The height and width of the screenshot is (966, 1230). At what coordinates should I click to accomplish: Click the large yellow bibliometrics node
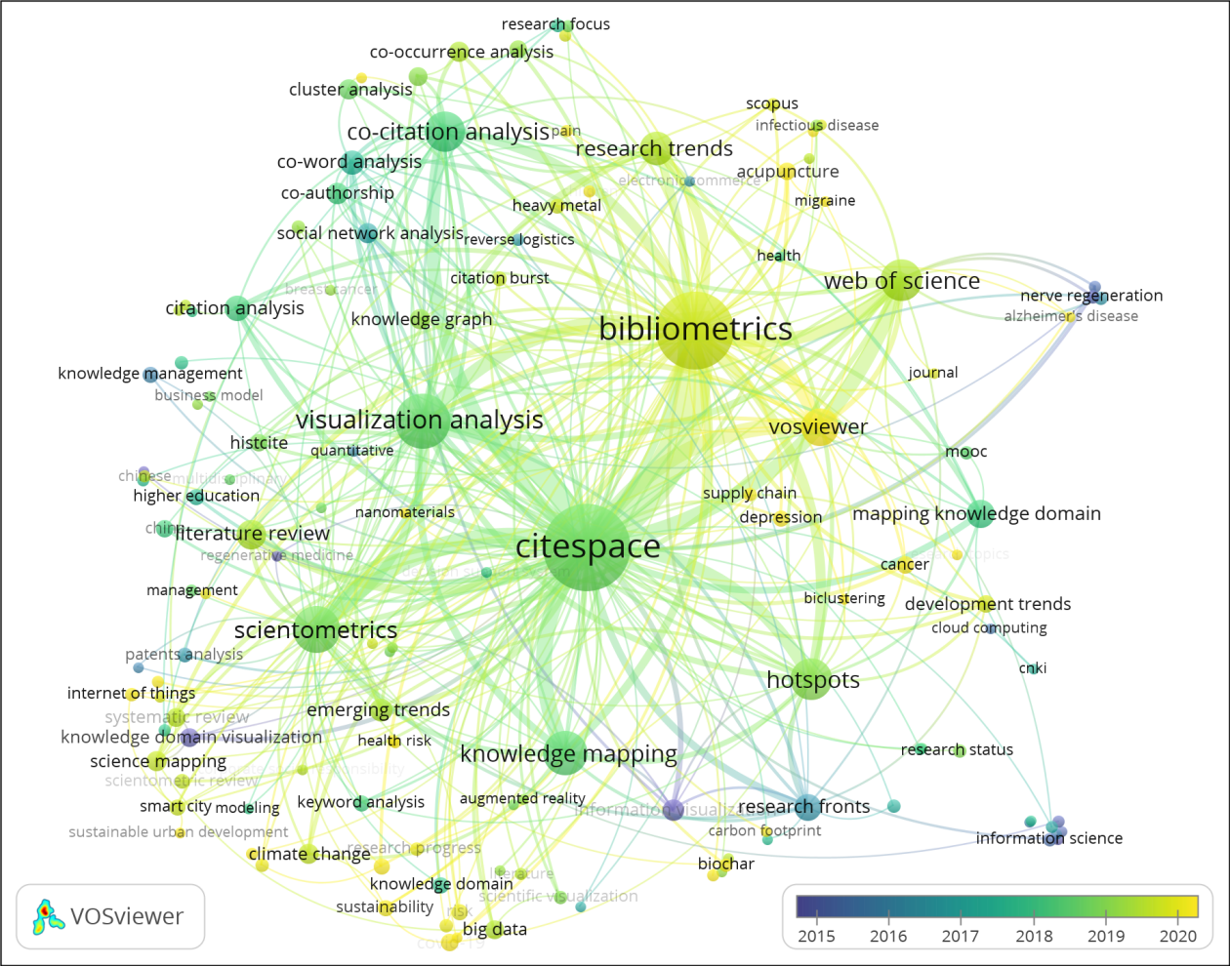[x=694, y=330]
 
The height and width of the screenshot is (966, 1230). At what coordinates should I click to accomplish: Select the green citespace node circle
[x=588, y=547]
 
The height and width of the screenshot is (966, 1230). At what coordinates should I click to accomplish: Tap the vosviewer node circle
[x=819, y=426]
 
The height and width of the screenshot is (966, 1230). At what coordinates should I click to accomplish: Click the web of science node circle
[x=900, y=280]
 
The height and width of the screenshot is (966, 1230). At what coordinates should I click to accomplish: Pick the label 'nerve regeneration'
[x=1091, y=296]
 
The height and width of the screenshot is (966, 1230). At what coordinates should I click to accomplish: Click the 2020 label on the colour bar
[x=1177, y=936]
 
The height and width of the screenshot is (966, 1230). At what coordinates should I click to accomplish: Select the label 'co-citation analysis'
[x=448, y=132]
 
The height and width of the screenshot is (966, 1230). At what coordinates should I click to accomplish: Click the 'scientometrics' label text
[x=315, y=630]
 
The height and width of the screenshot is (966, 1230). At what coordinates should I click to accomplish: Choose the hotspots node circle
[x=812, y=680]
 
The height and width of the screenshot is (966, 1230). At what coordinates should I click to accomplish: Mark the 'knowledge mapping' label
[x=568, y=754]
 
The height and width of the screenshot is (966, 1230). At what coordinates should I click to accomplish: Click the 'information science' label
[x=1048, y=838]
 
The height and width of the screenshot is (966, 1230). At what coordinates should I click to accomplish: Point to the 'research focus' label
[x=555, y=24]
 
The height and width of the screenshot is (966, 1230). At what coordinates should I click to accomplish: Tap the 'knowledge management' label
[x=150, y=374]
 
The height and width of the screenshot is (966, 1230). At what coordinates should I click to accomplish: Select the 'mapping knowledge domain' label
[x=976, y=513]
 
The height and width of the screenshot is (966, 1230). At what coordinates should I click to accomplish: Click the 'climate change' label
[x=309, y=855]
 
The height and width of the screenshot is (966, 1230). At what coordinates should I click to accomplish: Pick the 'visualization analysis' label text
[x=419, y=421]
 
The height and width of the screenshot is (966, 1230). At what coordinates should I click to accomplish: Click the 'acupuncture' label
[x=788, y=172]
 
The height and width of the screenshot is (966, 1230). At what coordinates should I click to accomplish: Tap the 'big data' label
[x=495, y=930]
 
